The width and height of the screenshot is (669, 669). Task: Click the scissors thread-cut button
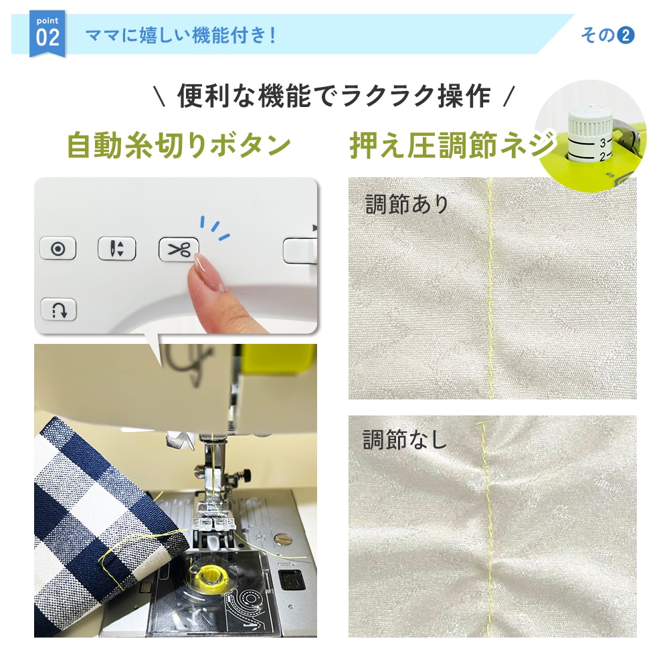(x=179, y=249)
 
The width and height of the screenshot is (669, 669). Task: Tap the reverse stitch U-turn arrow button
(x=59, y=309)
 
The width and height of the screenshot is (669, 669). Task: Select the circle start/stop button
(x=58, y=248)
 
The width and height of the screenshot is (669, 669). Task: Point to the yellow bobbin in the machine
(x=209, y=574)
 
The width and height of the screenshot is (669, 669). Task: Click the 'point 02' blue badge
(x=47, y=33)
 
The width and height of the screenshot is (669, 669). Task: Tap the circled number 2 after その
(x=626, y=35)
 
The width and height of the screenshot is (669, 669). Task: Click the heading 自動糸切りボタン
(x=179, y=145)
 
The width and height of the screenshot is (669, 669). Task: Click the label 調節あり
(x=407, y=204)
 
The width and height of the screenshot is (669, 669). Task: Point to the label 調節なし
(x=404, y=440)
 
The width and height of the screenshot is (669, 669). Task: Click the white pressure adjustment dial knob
(x=590, y=135)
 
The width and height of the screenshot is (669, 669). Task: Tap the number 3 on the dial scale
(x=603, y=142)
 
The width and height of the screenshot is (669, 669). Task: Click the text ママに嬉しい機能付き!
(x=181, y=35)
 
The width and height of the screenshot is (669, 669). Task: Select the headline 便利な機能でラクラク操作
(x=334, y=96)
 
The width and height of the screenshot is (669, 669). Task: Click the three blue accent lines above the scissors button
(x=215, y=227)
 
